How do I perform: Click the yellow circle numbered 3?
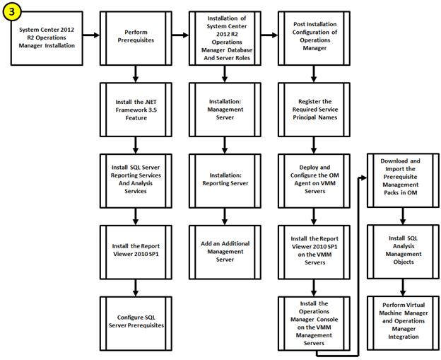[x=11, y=11]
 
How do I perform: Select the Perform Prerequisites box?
[x=136, y=38]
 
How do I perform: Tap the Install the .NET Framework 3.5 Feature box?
[x=136, y=110]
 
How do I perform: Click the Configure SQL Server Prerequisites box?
[x=136, y=323]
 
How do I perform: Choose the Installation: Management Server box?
[x=225, y=110]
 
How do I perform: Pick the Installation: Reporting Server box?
[x=225, y=181]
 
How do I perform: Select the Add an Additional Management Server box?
[x=225, y=252]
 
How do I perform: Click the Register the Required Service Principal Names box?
[x=314, y=110]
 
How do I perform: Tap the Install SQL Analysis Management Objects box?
[x=404, y=252]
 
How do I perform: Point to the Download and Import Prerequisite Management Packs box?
[x=404, y=180]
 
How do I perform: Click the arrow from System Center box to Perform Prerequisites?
[x=91, y=35]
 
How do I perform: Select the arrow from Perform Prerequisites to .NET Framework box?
[x=136, y=74]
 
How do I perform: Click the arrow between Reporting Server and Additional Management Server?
[x=225, y=216]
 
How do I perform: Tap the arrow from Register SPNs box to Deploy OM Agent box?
[x=314, y=146]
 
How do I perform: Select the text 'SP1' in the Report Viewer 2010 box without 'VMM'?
[x=153, y=254]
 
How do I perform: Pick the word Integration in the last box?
[x=404, y=337]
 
